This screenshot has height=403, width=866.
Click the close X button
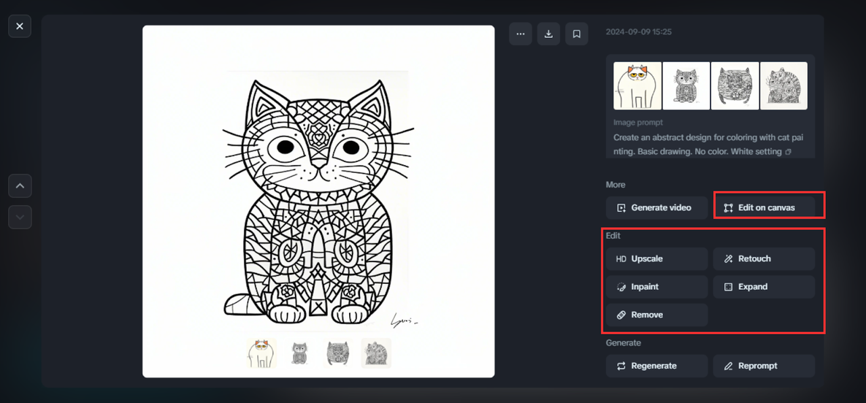(20, 26)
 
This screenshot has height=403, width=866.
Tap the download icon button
(548, 34)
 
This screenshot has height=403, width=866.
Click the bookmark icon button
(576, 34)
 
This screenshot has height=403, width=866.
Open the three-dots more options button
(520, 34)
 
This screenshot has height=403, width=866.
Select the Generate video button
(657, 208)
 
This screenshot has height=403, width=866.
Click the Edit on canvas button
(764, 208)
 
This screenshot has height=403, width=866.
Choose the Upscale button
(657, 259)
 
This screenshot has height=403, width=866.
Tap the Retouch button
(764, 259)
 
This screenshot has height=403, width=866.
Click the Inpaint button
(657, 287)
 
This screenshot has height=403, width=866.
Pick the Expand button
(764, 287)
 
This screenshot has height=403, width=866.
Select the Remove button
(657, 315)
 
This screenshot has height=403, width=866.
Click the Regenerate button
(657, 366)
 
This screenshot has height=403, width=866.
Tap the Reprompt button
(764, 366)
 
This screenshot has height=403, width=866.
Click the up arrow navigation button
(20, 186)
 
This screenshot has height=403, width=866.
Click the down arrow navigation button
(20, 217)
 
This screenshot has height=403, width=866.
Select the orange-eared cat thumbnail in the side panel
(637, 85)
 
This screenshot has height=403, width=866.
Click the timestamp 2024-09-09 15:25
(639, 32)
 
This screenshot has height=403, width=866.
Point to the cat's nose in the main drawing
(319, 164)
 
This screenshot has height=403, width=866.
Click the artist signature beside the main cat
(404, 320)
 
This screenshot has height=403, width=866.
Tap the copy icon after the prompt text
(788, 152)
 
